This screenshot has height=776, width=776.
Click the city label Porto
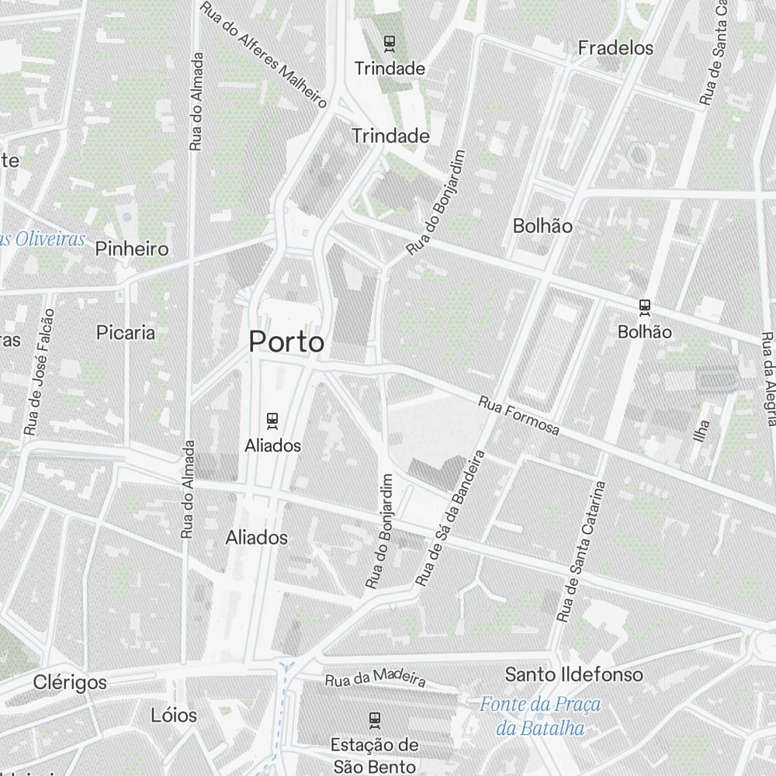[286, 341]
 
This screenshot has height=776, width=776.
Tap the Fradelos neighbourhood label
[616, 48]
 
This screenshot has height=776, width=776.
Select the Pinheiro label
[132, 249]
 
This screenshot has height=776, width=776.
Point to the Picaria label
[126, 333]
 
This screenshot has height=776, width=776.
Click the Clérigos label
[71, 683]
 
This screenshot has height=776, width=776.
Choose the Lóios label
[174, 715]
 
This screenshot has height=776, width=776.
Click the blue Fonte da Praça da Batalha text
[540, 716]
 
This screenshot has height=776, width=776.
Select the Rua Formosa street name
[518, 416]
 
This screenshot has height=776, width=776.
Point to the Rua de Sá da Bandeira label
[450, 518]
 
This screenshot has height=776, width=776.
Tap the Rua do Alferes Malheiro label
[263, 54]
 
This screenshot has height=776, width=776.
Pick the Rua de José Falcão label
[40, 372]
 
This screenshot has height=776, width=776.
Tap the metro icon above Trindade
[390, 43]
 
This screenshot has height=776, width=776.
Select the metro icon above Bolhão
[644, 307]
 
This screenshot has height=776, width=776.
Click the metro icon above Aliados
[272, 421]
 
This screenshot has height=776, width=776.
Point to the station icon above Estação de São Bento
[375, 720]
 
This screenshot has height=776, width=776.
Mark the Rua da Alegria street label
[767, 379]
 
